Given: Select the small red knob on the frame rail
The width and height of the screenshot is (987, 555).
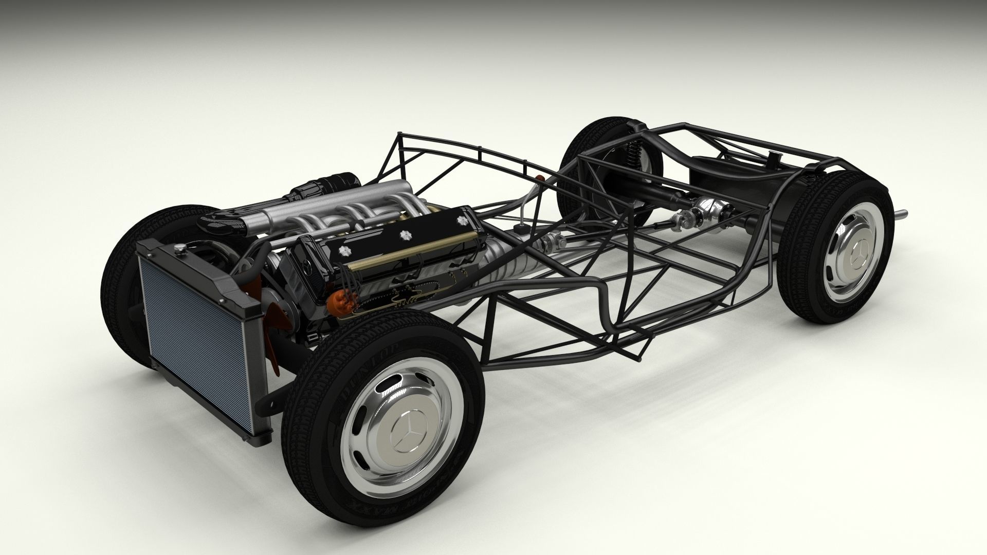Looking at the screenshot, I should coord(540,177).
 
